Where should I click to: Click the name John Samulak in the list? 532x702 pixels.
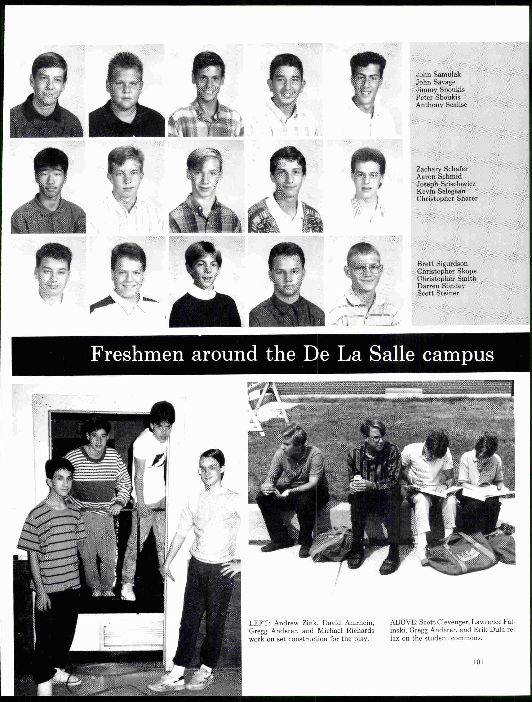(438, 75)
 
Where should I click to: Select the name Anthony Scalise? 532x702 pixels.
(441, 105)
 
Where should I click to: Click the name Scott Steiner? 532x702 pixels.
(438, 293)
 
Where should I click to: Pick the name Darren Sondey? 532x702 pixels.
(441, 286)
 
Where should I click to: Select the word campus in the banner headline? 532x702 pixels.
(458, 355)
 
